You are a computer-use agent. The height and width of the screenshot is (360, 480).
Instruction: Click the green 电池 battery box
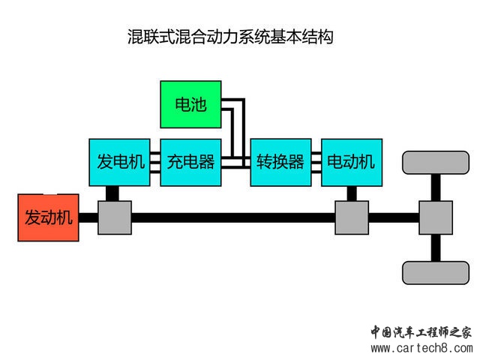click(190, 104)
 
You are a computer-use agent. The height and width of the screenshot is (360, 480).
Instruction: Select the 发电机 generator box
click(120, 162)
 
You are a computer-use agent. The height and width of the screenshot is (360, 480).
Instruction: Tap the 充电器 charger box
click(190, 162)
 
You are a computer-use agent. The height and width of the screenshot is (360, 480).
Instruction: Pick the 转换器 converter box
click(280, 162)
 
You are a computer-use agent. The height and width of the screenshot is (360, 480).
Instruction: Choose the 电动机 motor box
click(352, 162)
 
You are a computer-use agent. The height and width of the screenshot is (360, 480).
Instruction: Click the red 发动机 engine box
click(49, 217)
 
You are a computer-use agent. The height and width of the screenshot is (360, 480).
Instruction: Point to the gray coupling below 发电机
click(115, 217)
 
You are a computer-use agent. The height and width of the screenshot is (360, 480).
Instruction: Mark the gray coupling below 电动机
click(352, 217)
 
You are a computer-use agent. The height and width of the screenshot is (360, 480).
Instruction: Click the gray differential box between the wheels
click(436, 217)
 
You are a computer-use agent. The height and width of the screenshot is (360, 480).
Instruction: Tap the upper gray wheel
click(436, 162)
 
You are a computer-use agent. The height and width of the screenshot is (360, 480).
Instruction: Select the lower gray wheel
click(436, 272)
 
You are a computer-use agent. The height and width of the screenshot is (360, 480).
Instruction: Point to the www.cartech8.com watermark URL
click(422, 349)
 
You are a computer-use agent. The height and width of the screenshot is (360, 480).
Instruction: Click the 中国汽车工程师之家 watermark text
click(422, 332)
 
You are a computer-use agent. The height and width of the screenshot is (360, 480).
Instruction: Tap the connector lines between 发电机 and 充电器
click(155, 162)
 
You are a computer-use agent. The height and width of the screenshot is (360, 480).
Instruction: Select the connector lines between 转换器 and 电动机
click(316, 162)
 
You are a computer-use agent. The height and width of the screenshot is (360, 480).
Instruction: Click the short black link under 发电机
click(112, 193)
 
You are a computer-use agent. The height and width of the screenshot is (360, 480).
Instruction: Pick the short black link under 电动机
click(352, 193)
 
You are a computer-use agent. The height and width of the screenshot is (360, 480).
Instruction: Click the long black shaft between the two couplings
click(232, 218)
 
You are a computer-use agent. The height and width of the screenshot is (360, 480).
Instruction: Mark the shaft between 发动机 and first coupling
click(88, 218)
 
